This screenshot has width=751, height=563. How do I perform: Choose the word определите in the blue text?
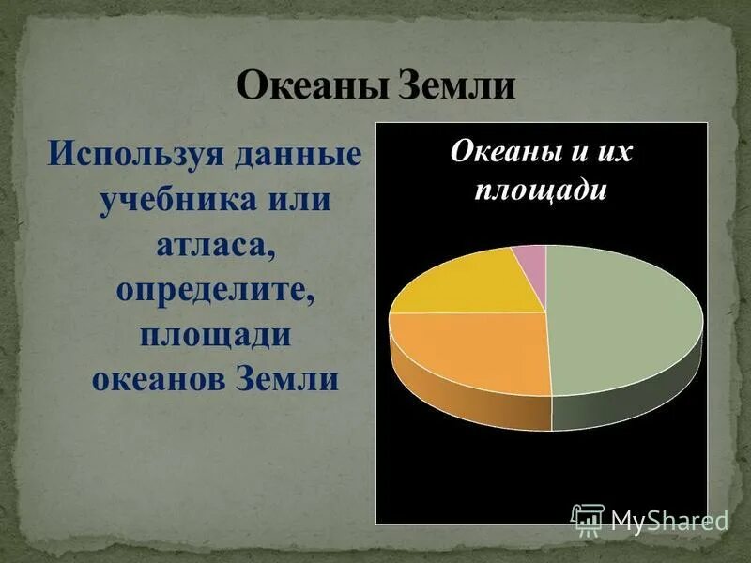[x=214, y=290]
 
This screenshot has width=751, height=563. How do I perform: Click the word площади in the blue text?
[x=214, y=335]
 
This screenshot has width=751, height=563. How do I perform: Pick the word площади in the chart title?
[x=542, y=190]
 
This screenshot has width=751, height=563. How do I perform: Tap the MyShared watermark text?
[x=668, y=520]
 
